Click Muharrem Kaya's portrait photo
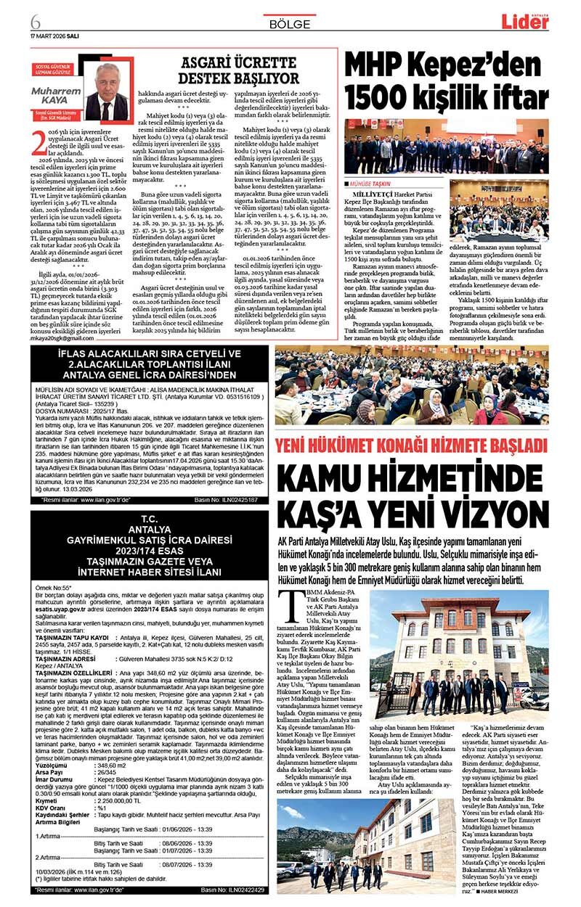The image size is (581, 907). [107, 90]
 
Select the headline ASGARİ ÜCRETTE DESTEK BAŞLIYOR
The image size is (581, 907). [239, 70]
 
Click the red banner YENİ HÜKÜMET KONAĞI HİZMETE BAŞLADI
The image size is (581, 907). [412, 444]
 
